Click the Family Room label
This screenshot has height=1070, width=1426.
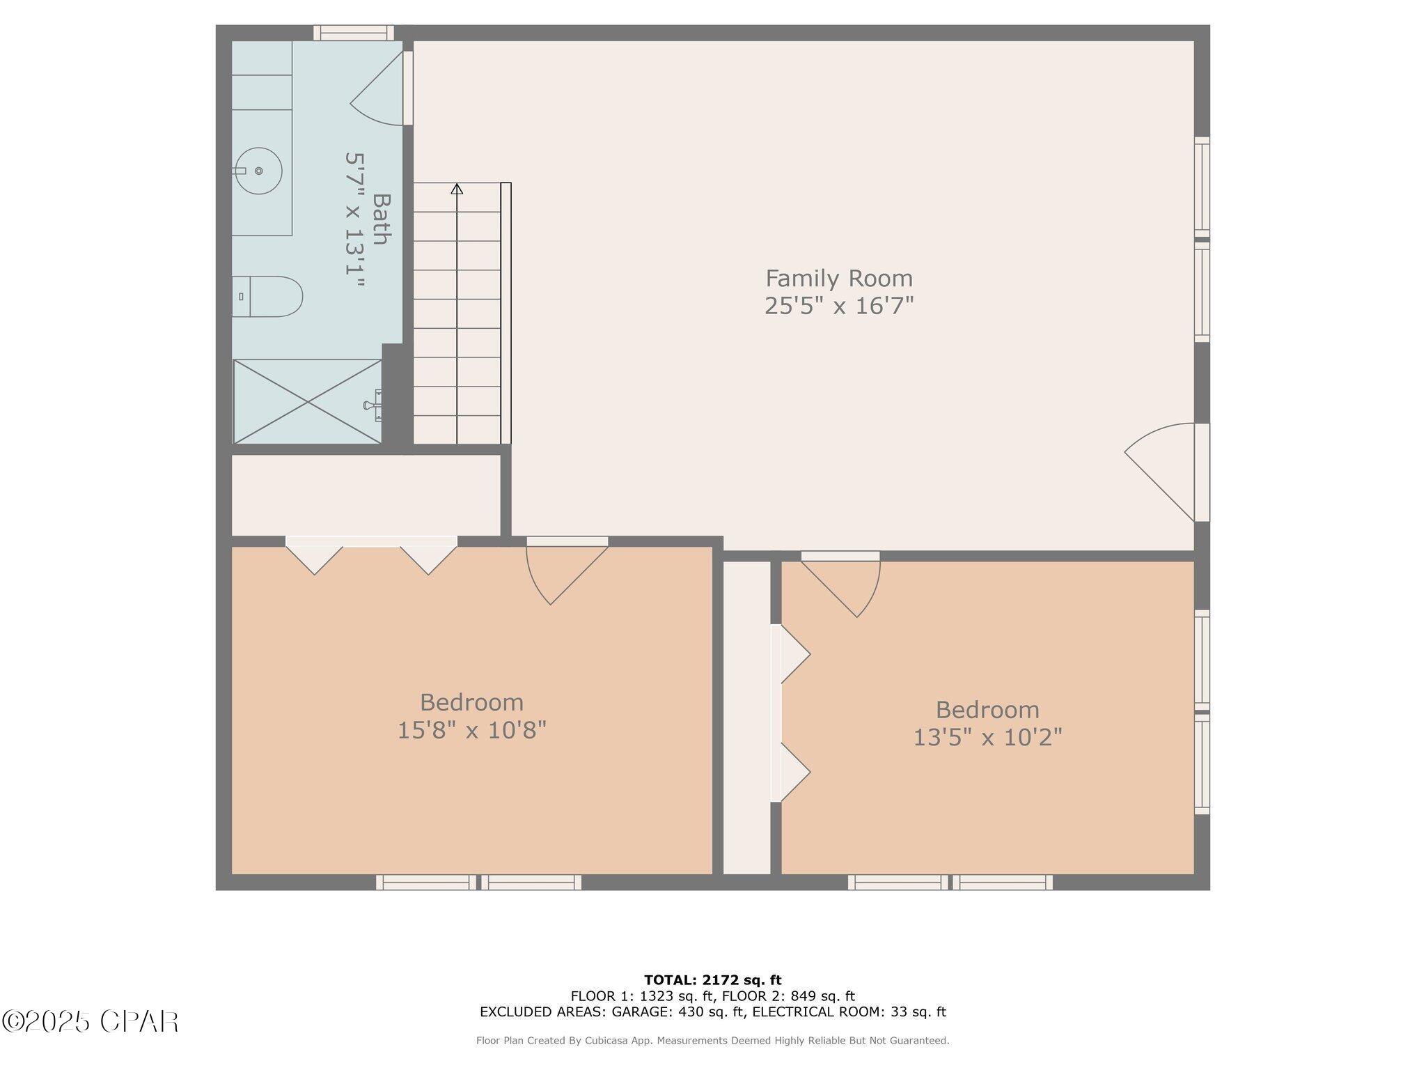point(839,279)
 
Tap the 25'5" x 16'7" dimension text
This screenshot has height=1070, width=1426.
point(839,306)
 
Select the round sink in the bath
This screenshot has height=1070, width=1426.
point(258,171)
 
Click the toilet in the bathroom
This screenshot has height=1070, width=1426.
point(267,297)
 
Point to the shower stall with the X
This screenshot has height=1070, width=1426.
point(307,401)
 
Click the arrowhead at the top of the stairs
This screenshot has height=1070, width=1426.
point(457,188)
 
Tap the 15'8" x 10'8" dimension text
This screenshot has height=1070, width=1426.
point(471,730)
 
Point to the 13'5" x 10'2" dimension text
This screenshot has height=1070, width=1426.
point(987,737)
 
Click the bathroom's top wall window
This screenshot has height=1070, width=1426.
point(354,33)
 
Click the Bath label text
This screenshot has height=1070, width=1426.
point(380,219)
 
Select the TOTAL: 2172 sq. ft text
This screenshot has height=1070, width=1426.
point(713,980)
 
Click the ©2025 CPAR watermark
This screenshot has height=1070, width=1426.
point(91,1021)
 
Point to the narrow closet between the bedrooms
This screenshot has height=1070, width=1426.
point(747,718)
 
